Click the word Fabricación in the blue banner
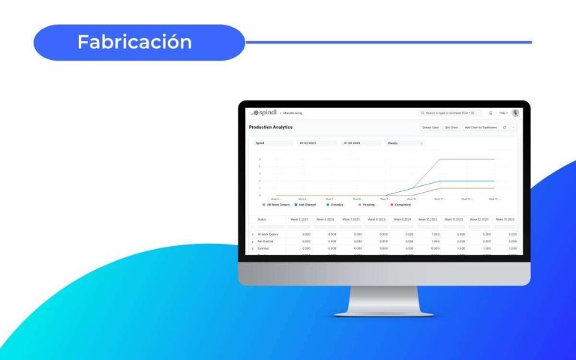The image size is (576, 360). [x=134, y=42]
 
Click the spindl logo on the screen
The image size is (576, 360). [x=263, y=113]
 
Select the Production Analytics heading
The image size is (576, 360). [x=271, y=127]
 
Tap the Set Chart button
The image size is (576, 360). [x=451, y=127]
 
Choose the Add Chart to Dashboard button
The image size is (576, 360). [x=481, y=127]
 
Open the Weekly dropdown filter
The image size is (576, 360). [x=405, y=142]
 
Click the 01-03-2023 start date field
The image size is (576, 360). [x=317, y=142]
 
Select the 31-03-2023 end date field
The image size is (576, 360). [x=361, y=142]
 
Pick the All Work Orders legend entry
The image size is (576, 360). [x=275, y=204]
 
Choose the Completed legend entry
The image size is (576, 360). [x=401, y=204]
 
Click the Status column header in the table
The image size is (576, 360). [x=262, y=220]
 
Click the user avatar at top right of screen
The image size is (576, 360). [x=515, y=113]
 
